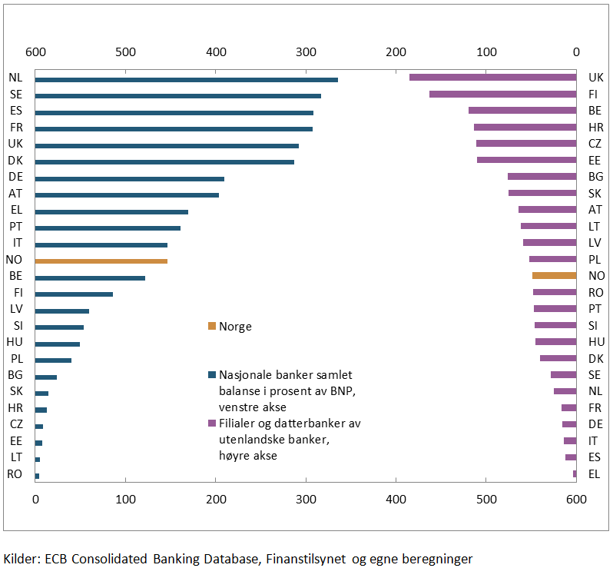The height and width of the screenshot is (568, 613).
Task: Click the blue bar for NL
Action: click(x=187, y=79)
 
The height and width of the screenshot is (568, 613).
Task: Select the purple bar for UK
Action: click(x=492, y=77)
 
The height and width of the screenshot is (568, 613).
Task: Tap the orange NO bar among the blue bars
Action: click(x=101, y=261)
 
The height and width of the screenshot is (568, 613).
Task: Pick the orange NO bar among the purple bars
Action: click(x=554, y=275)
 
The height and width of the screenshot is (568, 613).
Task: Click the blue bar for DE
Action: click(x=130, y=178)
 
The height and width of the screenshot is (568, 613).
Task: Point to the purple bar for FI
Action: click(x=502, y=94)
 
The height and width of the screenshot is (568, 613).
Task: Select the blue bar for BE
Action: click(x=90, y=277)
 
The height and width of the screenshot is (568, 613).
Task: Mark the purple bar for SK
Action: click(x=542, y=193)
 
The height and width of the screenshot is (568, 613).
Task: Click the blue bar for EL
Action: click(x=111, y=211)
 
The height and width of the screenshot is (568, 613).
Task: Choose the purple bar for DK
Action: click(x=558, y=358)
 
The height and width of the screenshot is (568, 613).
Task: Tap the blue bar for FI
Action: click(x=74, y=294)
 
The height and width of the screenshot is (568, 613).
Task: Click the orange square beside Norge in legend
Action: click(x=212, y=326)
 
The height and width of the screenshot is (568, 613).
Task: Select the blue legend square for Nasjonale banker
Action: click(x=212, y=375)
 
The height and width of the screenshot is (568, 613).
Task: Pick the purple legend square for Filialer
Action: click(x=212, y=424)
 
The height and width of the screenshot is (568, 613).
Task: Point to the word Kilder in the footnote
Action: click(x=20, y=559)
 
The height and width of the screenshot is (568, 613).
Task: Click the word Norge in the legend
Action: click(x=235, y=326)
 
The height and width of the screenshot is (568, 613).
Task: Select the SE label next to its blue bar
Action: click(x=16, y=94)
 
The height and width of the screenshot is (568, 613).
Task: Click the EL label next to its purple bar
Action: click(x=595, y=473)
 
